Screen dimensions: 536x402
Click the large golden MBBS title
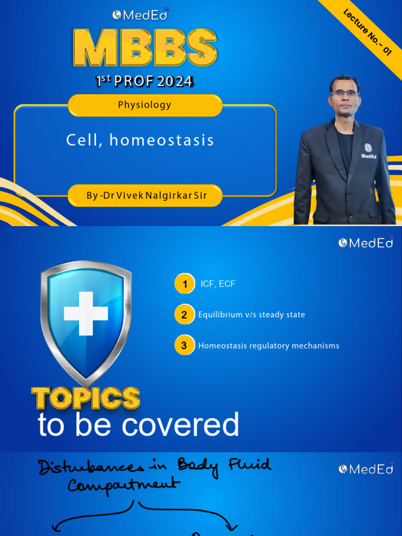[144, 48]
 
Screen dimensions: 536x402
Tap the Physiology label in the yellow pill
[144, 105]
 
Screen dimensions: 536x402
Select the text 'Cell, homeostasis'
[140, 140]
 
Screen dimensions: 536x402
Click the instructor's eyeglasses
[344, 93]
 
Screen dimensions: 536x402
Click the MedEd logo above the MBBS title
[140, 15]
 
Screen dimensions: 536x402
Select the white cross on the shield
[86, 313]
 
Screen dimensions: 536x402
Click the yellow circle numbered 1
[184, 284]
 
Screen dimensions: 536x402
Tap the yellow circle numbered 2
[184, 315]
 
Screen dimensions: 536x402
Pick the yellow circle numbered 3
[184, 345]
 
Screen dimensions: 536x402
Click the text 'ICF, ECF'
[218, 284]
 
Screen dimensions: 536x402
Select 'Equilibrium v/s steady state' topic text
[251, 315]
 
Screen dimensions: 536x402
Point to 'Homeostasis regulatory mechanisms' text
[269, 345]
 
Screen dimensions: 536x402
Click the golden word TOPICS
[86, 398]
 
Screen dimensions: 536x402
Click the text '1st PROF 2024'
[144, 81]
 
